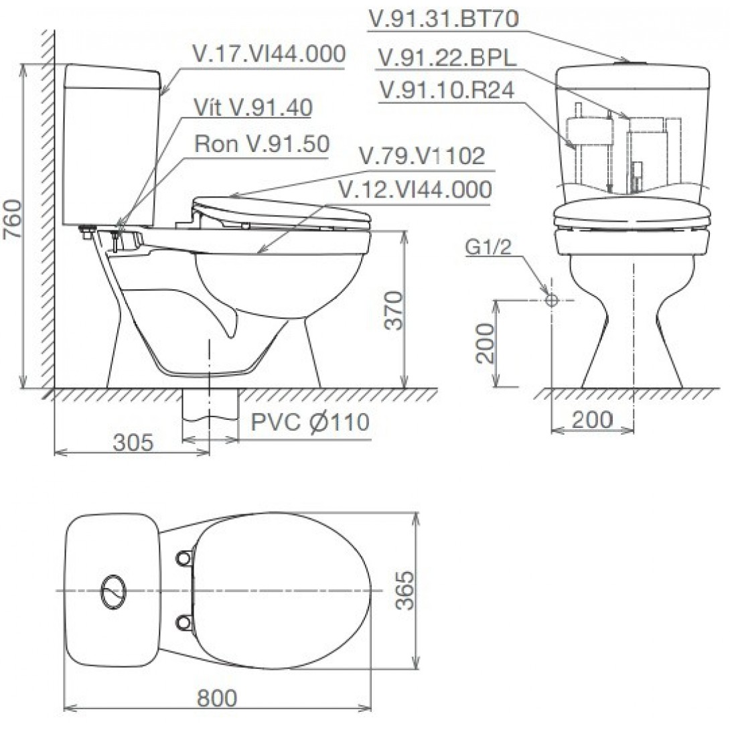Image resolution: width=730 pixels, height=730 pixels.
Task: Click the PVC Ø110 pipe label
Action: (310, 423)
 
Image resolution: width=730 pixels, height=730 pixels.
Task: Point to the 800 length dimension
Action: (217, 698)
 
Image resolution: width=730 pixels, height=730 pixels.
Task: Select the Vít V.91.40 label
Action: (252, 108)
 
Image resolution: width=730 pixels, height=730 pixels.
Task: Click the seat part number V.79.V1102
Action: (421, 157)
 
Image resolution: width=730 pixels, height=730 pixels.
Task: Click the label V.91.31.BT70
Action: (443, 19)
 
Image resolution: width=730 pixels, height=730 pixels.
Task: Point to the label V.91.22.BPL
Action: (447, 58)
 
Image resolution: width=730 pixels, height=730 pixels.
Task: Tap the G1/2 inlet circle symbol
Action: (551, 300)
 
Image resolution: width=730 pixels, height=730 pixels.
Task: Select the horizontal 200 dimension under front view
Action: (592, 420)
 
